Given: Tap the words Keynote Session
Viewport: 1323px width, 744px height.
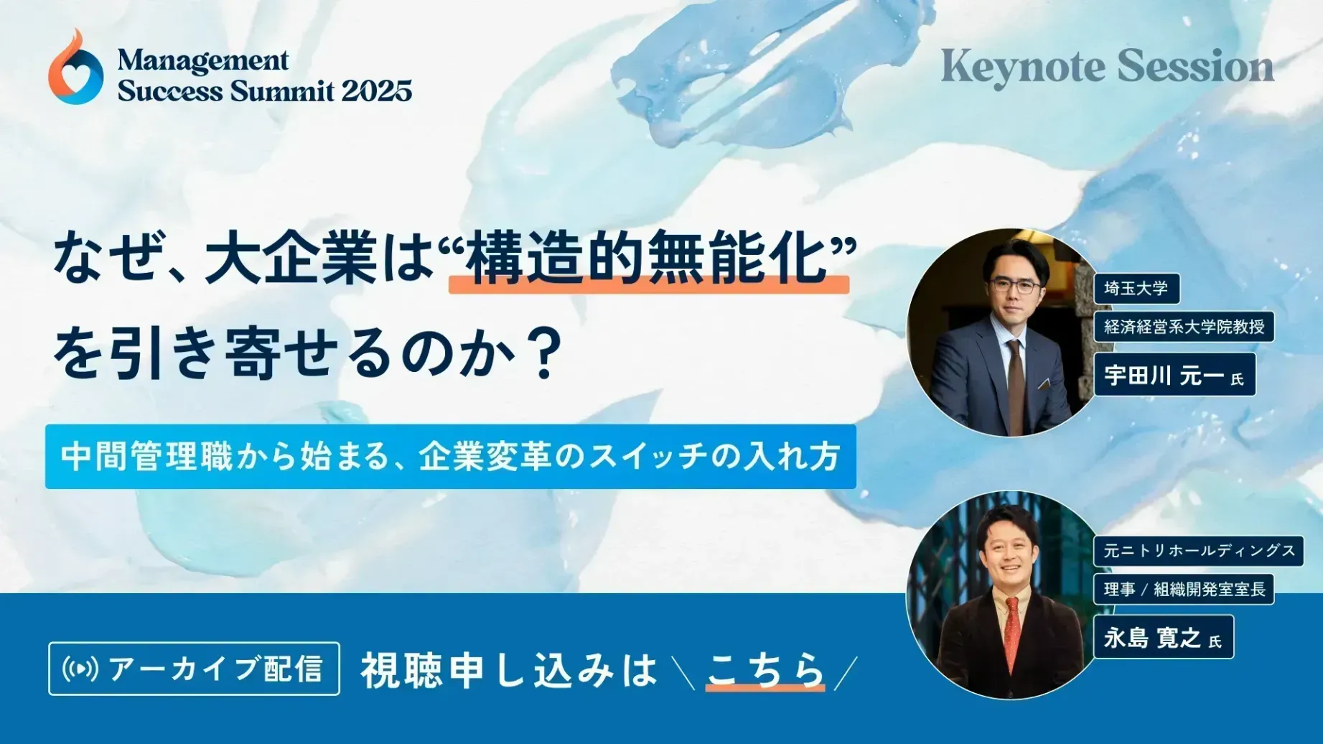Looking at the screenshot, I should tap(1107, 67).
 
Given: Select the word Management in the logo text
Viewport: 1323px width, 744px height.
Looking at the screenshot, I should tap(203, 60).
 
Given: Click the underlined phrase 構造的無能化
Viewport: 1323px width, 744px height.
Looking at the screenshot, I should tap(648, 259).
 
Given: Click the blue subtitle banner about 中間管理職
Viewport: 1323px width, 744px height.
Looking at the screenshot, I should tap(450, 457).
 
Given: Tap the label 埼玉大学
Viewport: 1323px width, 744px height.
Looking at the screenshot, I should tap(1136, 289).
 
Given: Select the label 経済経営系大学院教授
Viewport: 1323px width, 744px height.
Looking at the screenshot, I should tap(1184, 327).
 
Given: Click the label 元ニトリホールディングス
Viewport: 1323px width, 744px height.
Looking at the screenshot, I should tap(1198, 552).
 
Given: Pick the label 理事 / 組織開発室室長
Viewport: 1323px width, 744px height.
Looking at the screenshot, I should tap(1184, 590).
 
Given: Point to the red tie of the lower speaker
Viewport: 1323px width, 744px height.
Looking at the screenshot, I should tap(1012, 632).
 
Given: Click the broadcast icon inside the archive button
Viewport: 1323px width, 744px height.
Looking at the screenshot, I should tap(80, 669).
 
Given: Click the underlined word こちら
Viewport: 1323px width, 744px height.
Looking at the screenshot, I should tap(765, 669).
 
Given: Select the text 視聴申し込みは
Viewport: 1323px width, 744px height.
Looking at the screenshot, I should tap(508, 669).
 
